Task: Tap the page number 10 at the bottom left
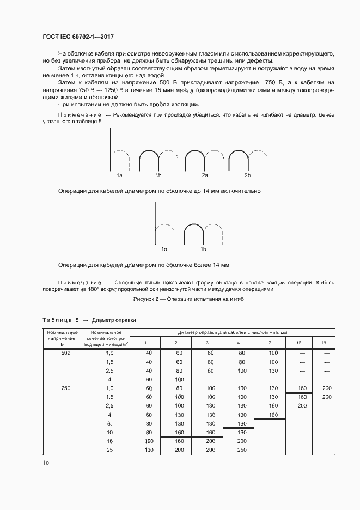click(x=46, y=462)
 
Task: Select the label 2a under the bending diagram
click(x=205, y=175)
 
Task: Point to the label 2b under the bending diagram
click(x=247, y=175)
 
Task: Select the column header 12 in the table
click(x=298, y=342)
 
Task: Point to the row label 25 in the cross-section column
click(x=109, y=450)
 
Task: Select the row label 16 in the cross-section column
click(x=109, y=441)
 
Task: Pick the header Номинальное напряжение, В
click(x=62, y=338)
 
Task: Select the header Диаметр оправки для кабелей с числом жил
click(x=233, y=332)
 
